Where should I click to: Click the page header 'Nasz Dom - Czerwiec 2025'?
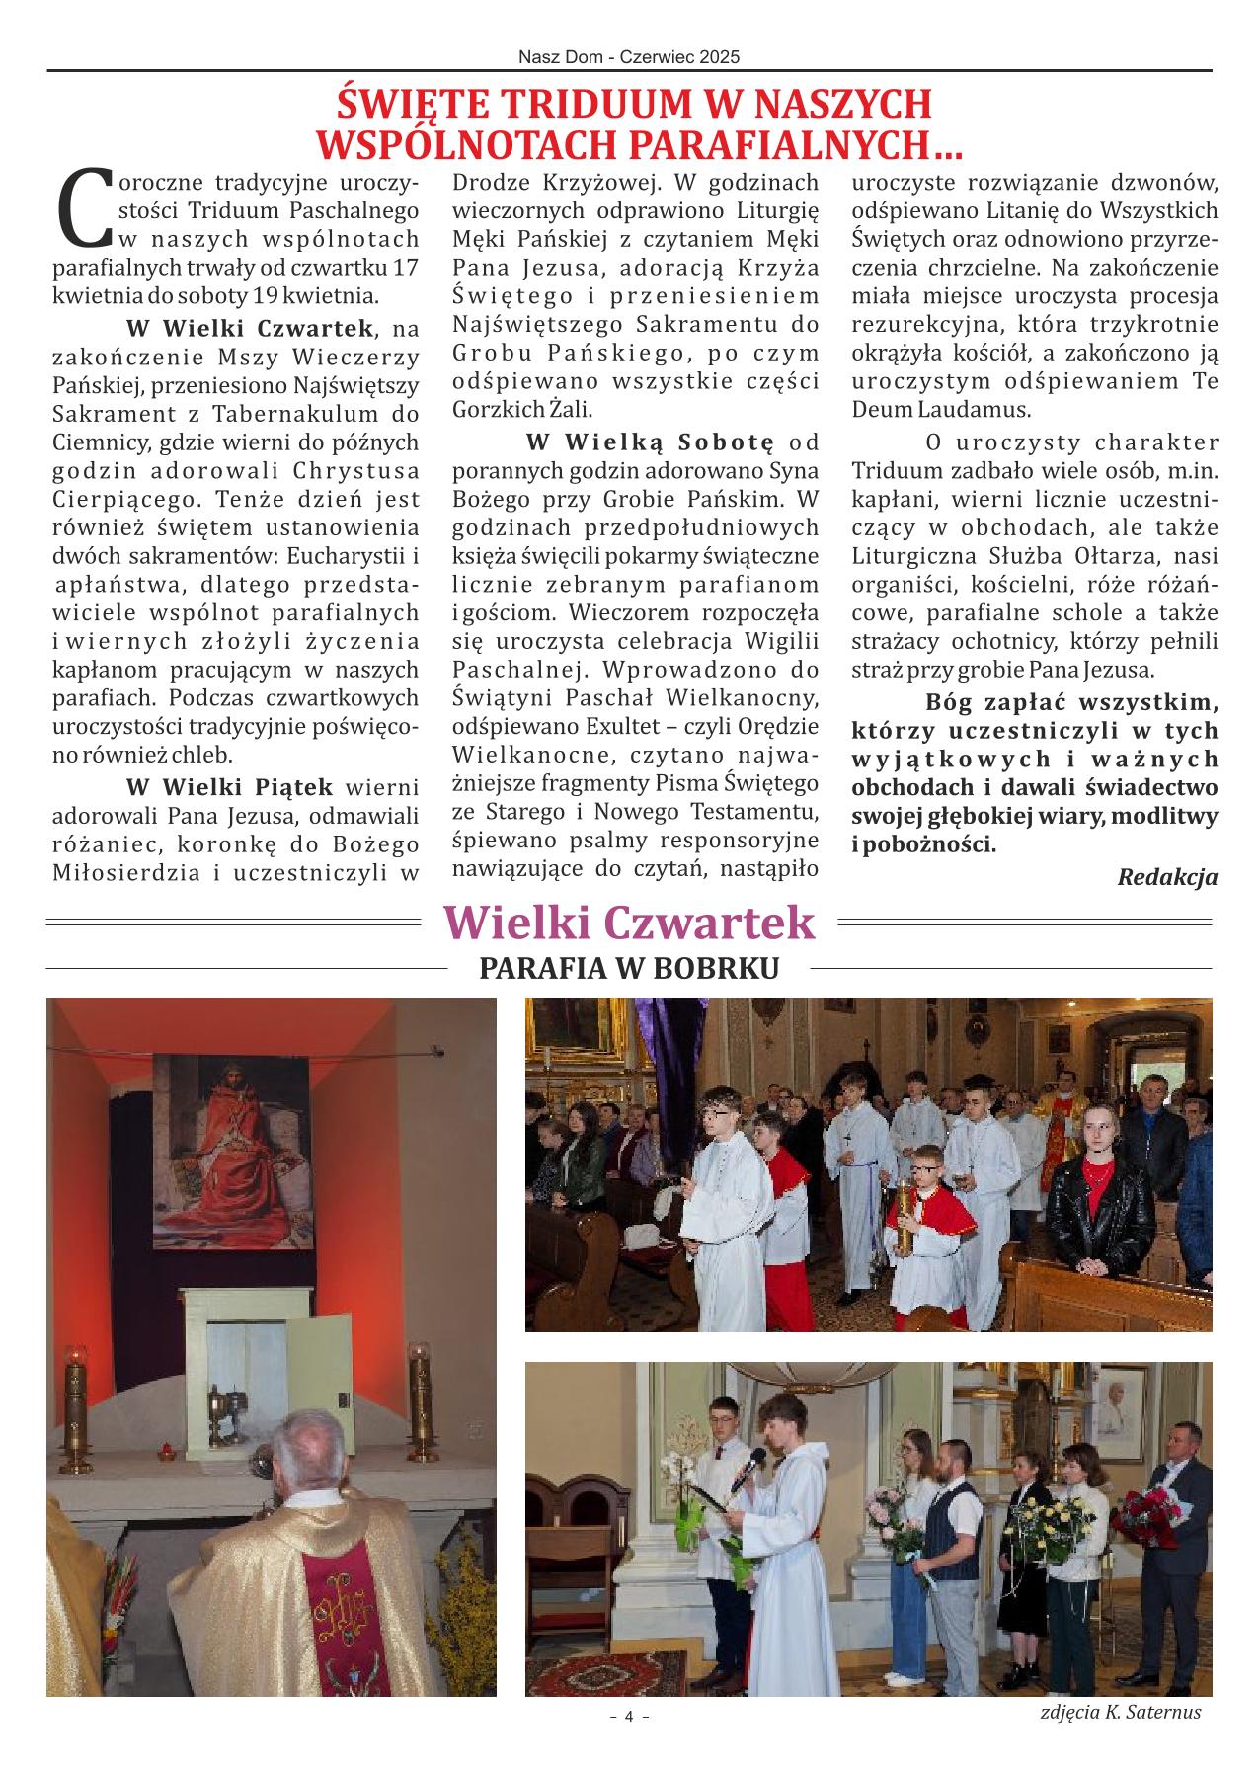[629, 57]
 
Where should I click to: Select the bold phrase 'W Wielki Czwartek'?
[251, 328]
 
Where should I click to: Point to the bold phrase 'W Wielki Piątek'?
[230, 787]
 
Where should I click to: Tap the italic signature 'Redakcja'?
[1167, 876]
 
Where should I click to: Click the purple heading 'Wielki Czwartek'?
[629, 924]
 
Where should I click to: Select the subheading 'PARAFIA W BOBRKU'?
[629, 969]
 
